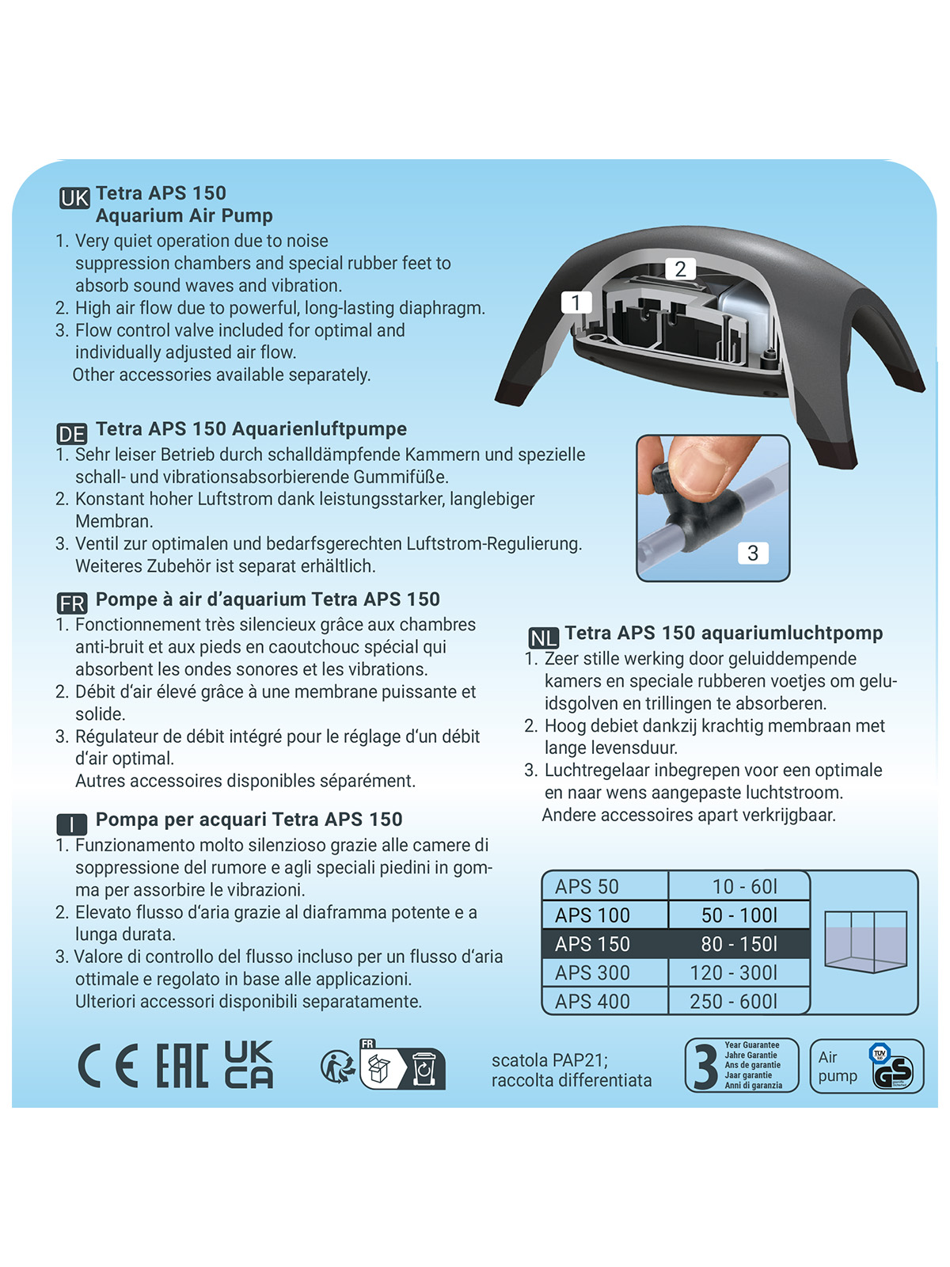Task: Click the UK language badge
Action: pos(74,198)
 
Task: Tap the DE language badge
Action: pos(71,434)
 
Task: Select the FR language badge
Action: pos(71,603)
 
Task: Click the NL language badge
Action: pos(543,637)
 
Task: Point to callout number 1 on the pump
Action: pos(576,302)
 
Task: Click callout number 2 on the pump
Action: pos(680,268)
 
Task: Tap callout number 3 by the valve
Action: pos(752,553)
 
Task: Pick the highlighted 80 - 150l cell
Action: pos(739,944)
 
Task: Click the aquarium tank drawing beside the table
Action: pos(864,942)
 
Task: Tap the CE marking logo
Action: pos(108,1065)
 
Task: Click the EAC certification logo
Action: pos(182,1065)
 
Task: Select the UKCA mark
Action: pos(249,1064)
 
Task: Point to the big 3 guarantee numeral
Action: pos(705,1066)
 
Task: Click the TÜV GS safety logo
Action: pos(892,1067)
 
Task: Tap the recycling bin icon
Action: pos(424,1070)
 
